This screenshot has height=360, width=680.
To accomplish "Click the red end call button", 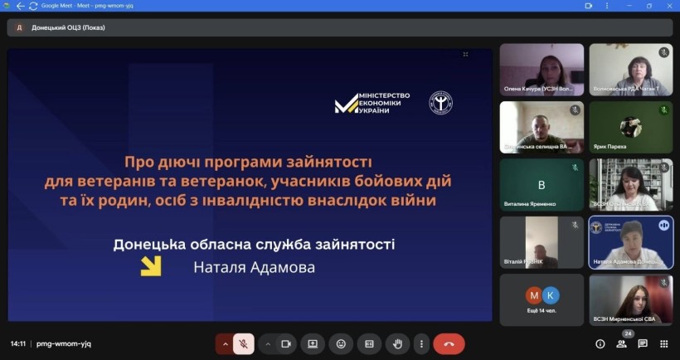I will (x=449, y=343).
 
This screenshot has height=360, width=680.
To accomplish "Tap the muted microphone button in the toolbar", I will (x=244, y=343).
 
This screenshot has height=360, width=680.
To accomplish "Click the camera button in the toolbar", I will (x=285, y=343).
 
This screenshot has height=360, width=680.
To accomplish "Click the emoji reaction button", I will (x=341, y=343).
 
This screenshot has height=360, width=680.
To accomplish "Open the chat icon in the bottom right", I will (x=642, y=343).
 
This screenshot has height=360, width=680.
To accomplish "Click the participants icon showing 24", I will (x=622, y=343).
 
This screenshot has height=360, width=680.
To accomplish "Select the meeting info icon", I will (x=600, y=343).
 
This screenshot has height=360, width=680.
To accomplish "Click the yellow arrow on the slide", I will (x=150, y=265).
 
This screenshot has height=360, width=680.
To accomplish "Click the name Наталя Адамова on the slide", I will (x=255, y=268).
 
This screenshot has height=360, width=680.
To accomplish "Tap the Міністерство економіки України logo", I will (x=372, y=103).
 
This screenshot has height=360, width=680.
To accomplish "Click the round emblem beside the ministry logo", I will (x=440, y=103).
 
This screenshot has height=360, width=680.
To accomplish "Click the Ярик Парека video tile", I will (x=630, y=127).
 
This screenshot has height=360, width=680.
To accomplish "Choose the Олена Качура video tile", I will (x=542, y=70).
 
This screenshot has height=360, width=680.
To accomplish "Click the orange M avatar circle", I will (x=534, y=295).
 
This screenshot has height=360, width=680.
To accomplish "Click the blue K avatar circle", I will (x=551, y=295).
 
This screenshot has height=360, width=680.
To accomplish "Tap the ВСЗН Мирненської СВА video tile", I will (x=630, y=299).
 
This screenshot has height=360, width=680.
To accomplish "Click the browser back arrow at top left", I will (x=20, y=5).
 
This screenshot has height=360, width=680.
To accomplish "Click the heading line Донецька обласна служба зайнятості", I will (x=254, y=244).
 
